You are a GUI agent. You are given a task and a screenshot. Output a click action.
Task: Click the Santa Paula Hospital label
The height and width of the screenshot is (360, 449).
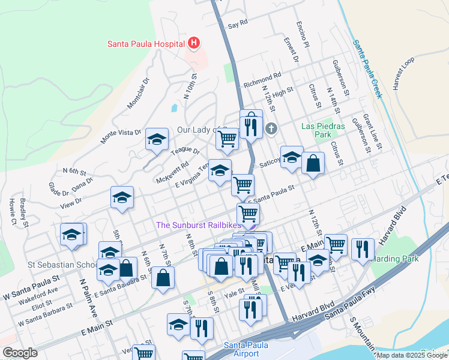[x=146, y=43]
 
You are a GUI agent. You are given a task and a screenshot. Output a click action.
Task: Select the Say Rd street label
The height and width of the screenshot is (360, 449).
[x=238, y=26]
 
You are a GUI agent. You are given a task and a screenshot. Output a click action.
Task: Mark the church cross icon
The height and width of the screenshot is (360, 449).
[x=271, y=128]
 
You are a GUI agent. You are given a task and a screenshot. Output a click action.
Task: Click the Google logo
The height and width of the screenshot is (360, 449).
[x=20, y=353]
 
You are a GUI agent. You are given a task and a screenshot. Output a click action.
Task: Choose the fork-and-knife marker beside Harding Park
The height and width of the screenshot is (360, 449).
[x=363, y=249]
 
